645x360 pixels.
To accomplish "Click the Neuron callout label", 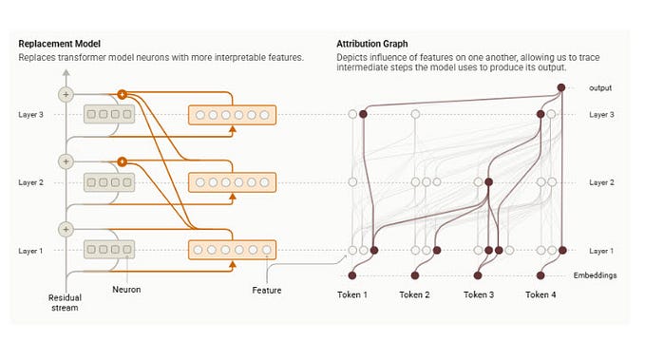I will pos(126,288).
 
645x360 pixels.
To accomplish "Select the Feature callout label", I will pos(266,289).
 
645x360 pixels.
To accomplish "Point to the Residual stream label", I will pos(65,302).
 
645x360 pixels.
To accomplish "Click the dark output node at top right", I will pos(561,88).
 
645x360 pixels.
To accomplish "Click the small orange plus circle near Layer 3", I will pos(122,94).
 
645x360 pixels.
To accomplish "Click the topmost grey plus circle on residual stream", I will pos(66,94).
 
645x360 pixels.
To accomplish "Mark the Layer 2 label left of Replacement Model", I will pos(31,181).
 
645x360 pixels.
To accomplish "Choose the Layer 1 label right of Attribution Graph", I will pos(602,250).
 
